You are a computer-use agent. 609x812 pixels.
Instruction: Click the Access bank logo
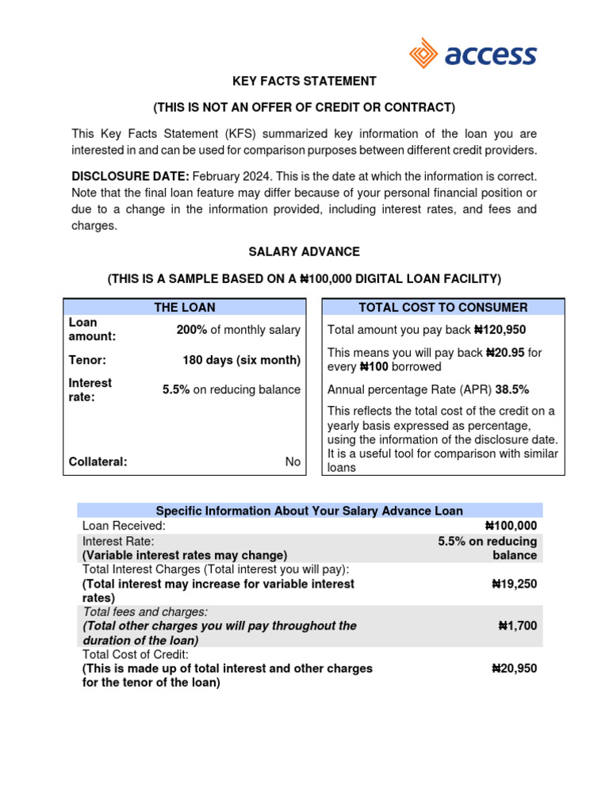click(473, 55)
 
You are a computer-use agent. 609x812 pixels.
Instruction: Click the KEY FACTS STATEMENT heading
click(304, 81)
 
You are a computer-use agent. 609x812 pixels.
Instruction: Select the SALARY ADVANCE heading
click(304, 251)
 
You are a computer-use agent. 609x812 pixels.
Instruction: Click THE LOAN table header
click(184, 307)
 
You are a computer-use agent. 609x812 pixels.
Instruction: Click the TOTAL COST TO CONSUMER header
click(442, 307)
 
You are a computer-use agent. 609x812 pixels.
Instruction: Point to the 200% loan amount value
click(191, 330)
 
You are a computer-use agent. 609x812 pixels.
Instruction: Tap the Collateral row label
click(98, 462)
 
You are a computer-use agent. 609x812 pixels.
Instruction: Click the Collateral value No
click(293, 462)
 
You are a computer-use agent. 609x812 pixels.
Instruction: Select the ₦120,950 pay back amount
click(500, 330)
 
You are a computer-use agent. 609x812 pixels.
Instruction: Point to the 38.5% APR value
click(512, 389)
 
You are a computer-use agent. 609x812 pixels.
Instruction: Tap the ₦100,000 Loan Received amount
click(510, 525)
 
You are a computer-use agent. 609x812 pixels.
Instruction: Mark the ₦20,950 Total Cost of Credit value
click(514, 668)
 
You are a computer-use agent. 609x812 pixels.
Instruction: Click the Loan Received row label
click(124, 525)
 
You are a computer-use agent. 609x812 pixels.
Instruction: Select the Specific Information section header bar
click(309, 511)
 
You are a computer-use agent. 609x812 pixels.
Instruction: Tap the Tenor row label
click(87, 360)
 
